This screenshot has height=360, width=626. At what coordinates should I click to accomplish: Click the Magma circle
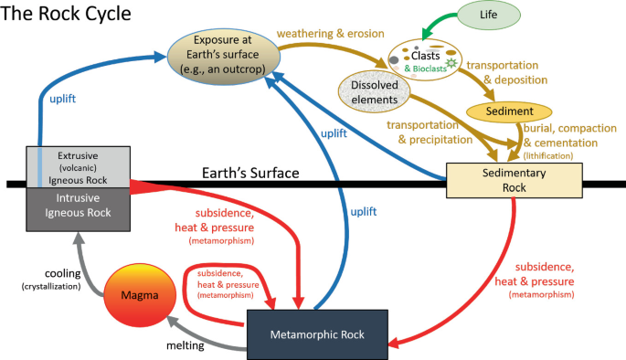[x=140, y=295]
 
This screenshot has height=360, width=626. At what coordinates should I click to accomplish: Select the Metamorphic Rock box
[x=317, y=334]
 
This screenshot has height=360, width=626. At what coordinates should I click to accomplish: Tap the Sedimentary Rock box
[x=514, y=180]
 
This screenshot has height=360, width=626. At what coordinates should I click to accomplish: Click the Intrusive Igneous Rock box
[x=79, y=209]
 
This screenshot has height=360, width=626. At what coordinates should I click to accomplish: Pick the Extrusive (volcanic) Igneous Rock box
[x=79, y=167]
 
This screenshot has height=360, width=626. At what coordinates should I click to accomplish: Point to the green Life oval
[x=489, y=15]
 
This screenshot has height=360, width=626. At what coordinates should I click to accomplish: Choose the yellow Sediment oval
[x=509, y=111]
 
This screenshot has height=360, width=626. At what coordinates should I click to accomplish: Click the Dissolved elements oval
[x=374, y=92]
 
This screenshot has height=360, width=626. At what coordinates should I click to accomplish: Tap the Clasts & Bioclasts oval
[x=425, y=60]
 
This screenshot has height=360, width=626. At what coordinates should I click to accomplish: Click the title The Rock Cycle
[x=66, y=13]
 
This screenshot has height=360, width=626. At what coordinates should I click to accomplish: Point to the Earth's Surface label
[x=250, y=174]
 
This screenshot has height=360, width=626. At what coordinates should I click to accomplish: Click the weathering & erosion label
[x=331, y=34]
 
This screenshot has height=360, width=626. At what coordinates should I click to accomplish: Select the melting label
[x=186, y=345]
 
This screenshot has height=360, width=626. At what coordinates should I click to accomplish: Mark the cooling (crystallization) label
[x=51, y=280]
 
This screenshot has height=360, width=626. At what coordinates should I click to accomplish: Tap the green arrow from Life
[x=438, y=22]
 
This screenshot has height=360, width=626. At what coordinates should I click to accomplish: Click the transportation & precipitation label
[x=430, y=132]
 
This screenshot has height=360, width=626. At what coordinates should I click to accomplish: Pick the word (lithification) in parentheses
[x=548, y=155]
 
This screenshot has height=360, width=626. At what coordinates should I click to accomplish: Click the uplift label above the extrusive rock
[x=63, y=99]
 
